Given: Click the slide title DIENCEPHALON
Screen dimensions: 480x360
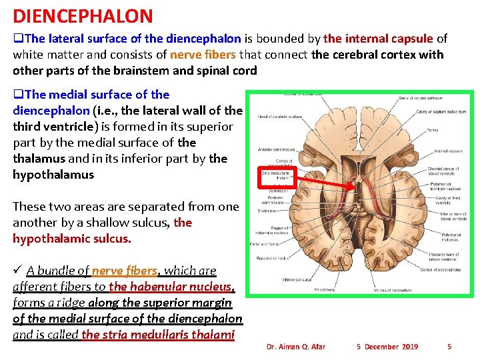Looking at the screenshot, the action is click(x=83, y=16).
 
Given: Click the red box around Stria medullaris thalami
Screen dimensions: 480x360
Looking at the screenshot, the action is click(x=274, y=178).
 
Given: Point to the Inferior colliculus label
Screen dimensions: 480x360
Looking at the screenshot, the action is click(x=297, y=279).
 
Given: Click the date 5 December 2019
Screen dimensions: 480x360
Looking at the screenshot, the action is click(x=387, y=347).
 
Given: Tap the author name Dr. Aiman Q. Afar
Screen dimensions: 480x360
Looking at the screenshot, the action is click(x=295, y=347).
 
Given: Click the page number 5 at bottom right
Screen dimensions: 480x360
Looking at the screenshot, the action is click(x=449, y=347).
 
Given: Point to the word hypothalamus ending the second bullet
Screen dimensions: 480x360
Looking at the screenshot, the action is click(x=53, y=175).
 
